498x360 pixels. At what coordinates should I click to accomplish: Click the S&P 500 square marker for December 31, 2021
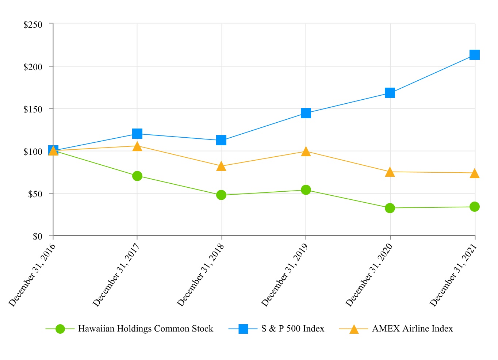point(474,55)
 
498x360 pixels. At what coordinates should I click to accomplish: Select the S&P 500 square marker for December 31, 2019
point(306,113)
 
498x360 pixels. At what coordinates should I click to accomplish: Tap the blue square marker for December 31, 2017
point(137,134)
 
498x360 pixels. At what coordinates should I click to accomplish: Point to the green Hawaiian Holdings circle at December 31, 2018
point(221,195)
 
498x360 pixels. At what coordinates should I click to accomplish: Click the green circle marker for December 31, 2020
point(390,208)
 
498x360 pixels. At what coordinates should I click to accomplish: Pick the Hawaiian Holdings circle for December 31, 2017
point(137,176)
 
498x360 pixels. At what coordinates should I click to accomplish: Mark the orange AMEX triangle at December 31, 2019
point(306,152)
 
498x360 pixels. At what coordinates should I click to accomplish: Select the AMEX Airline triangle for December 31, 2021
point(474,173)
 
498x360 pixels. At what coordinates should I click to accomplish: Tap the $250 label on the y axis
point(33,24)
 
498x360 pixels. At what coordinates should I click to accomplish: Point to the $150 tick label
point(33,109)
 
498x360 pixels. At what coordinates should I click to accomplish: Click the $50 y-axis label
point(35,194)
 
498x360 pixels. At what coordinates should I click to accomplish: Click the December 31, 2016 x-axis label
point(32,275)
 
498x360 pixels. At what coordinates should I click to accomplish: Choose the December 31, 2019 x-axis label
point(285,275)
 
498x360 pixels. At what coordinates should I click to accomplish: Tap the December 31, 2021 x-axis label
point(453,275)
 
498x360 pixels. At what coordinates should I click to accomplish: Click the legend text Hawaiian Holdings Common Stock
point(146,329)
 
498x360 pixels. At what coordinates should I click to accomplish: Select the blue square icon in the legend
point(244,329)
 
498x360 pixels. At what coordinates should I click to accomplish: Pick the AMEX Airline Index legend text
point(412,329)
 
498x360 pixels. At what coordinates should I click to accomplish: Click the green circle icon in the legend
point(60,329)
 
